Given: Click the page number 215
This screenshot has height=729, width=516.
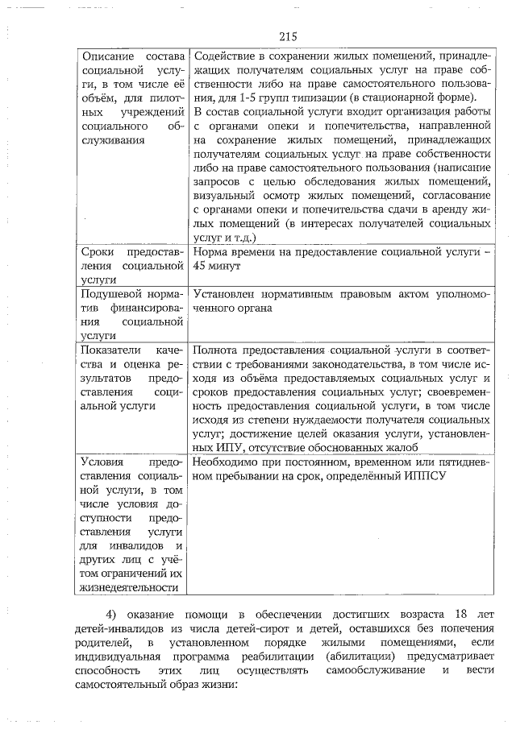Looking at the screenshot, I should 289,36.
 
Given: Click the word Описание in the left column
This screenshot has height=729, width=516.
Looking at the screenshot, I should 108,57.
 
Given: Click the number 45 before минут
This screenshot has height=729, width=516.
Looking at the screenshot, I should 202,266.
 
